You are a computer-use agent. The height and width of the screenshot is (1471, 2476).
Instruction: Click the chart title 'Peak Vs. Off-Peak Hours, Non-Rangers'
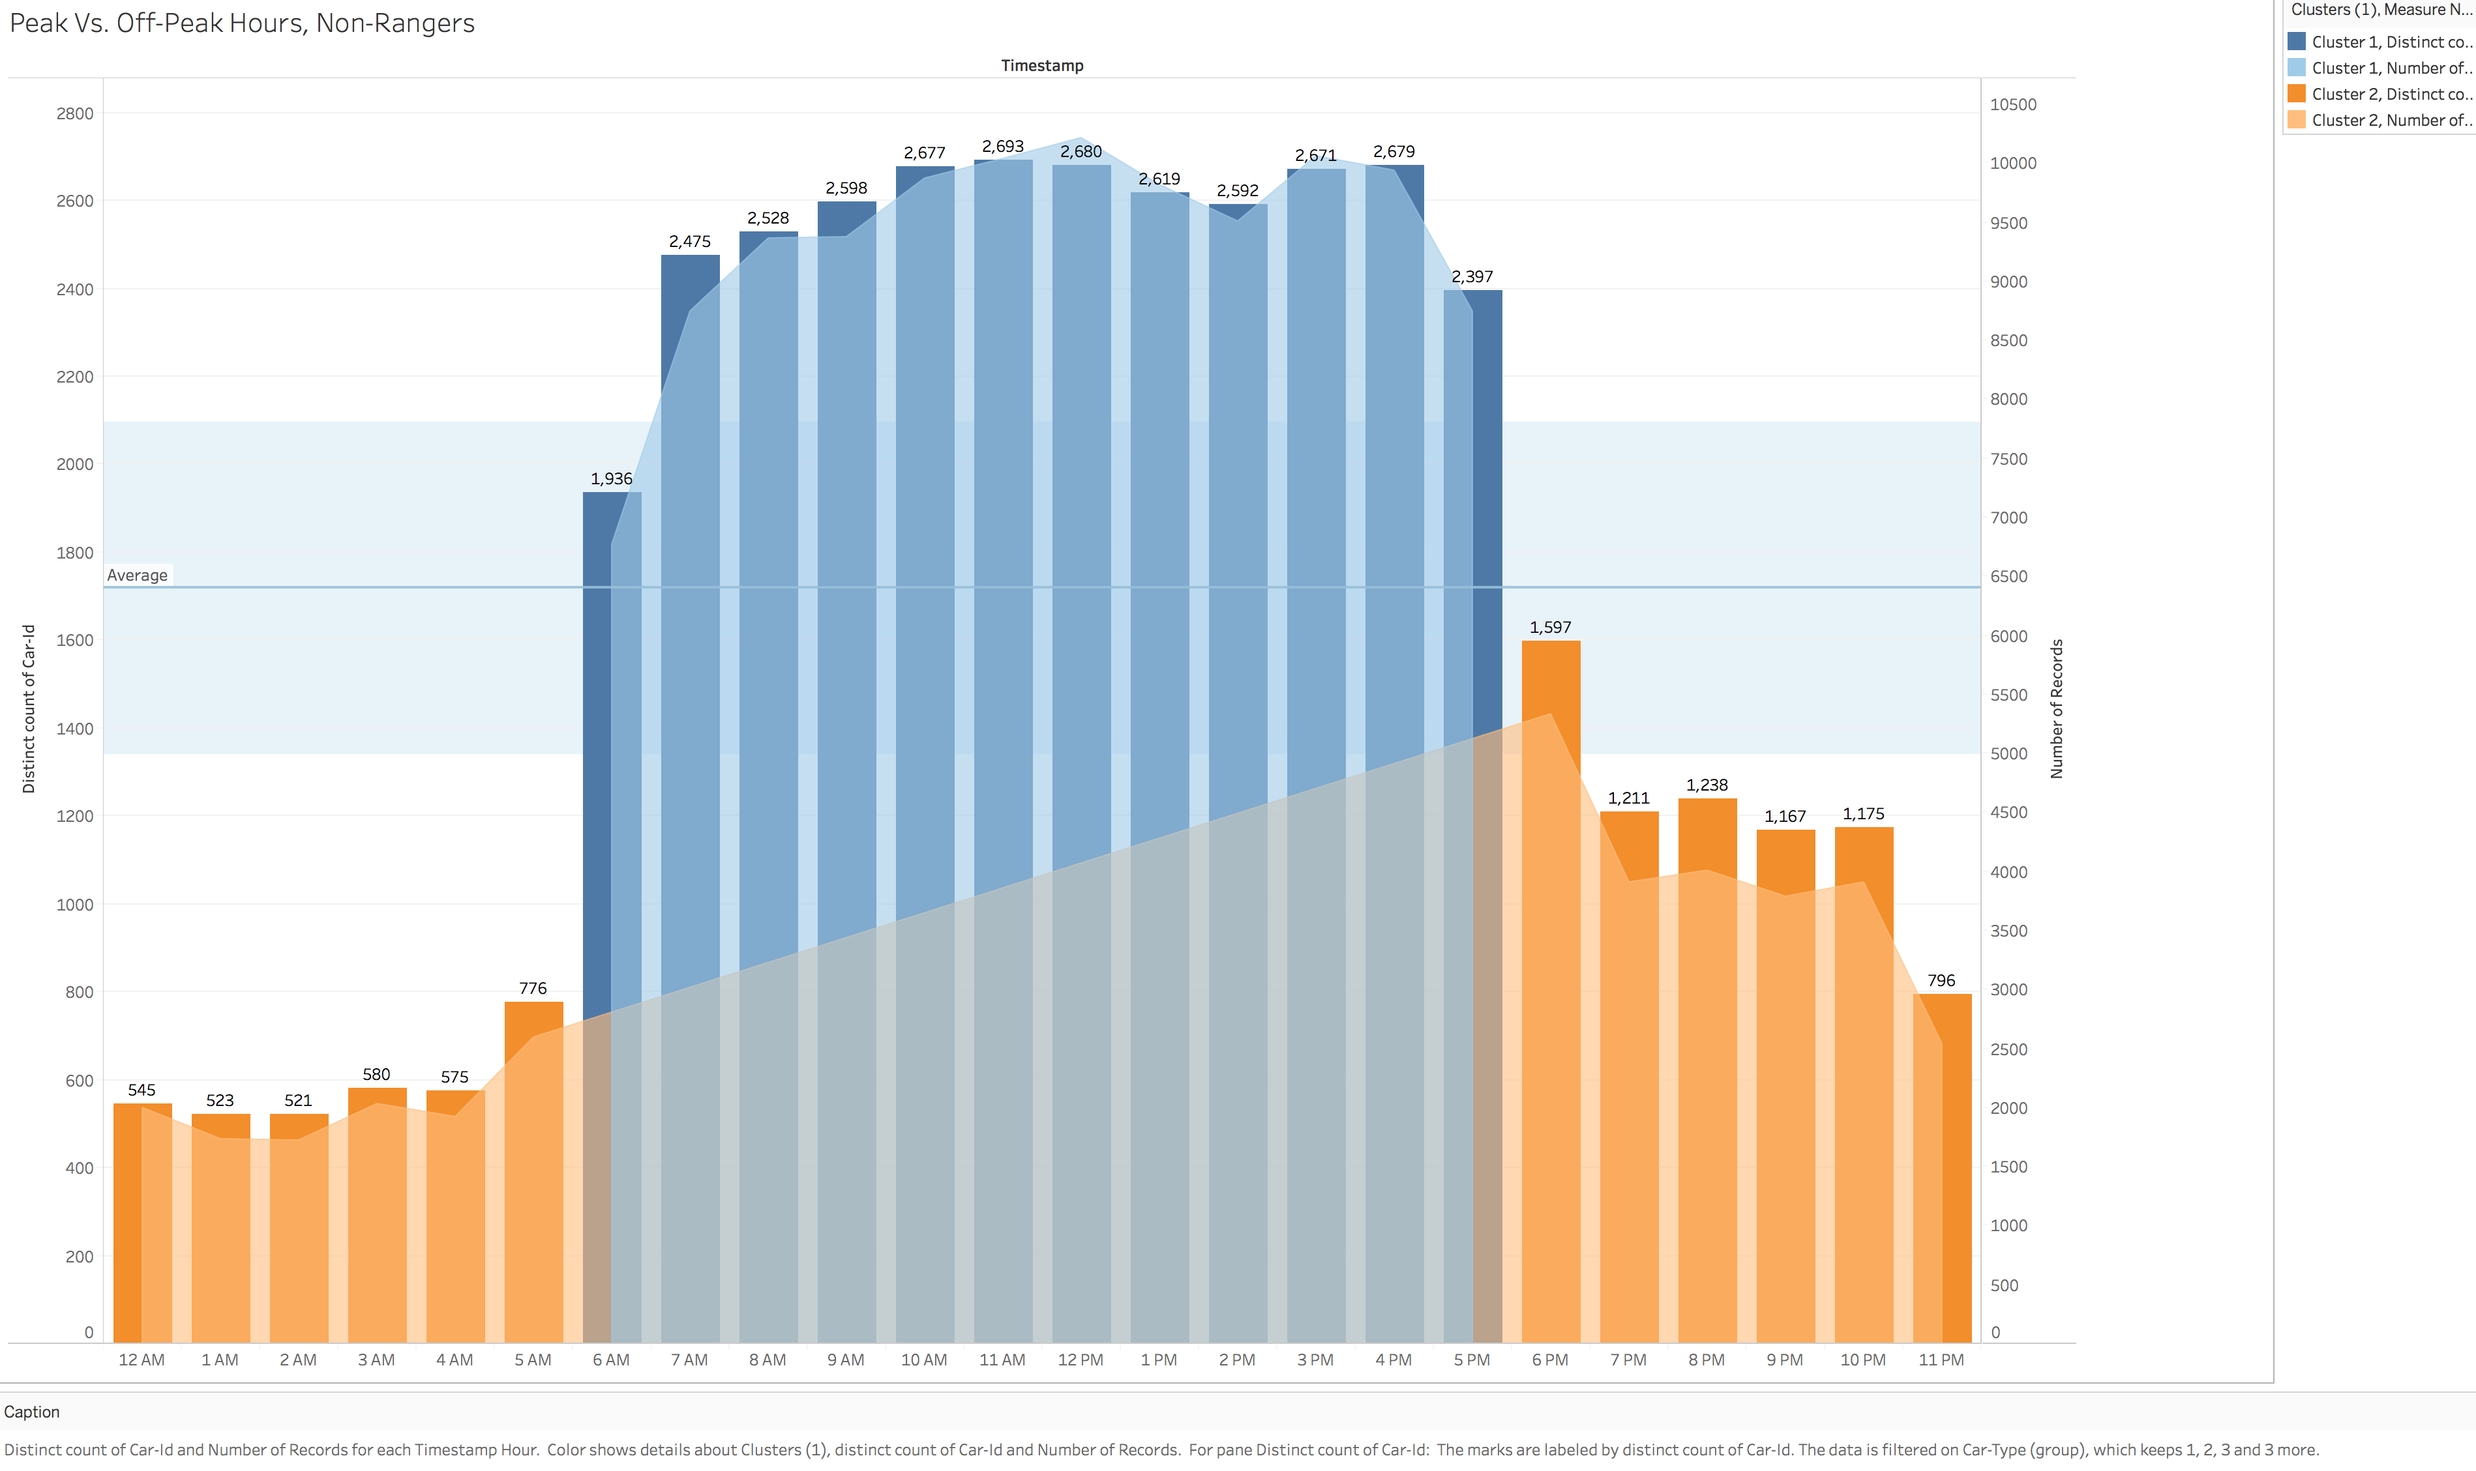(242, 23)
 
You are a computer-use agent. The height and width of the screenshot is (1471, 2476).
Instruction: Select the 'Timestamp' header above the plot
(1041, 65)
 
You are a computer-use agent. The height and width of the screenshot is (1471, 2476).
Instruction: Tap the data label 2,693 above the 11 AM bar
(1002, 147)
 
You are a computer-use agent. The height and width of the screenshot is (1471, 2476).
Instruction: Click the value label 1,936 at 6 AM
(611, 479)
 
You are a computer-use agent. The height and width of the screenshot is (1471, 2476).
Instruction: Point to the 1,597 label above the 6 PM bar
(1550, 628)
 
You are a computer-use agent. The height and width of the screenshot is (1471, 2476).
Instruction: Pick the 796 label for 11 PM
(1941, 980)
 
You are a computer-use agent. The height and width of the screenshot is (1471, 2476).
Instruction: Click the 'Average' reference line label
(138, 575)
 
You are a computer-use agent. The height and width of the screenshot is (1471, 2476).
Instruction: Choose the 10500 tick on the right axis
(2013, 105)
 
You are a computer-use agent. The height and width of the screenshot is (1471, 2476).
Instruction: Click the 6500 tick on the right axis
(2009, 577)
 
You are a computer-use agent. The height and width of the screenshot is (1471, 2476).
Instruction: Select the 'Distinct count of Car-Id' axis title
(29, 708)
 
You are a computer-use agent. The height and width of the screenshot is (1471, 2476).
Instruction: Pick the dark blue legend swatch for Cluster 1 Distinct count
(2295, 42)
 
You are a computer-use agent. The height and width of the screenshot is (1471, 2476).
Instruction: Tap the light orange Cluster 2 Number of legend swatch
(2295, 120)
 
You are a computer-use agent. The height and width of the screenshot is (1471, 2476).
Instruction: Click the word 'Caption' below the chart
(32, 1412)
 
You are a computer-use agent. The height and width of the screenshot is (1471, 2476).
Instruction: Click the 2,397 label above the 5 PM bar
(1472, 276)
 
